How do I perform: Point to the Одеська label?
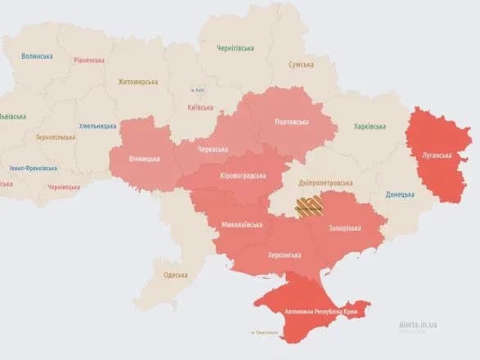coord(175,274)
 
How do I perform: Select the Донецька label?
coord(401,195)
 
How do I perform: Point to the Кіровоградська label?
coord(244,176)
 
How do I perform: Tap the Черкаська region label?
coord(218,151)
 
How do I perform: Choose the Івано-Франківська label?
coord(34,168)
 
